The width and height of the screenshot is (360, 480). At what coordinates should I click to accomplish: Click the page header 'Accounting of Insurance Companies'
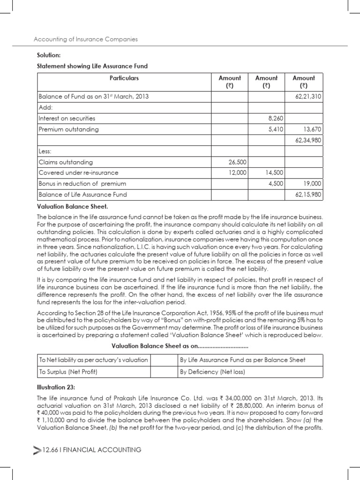pos(86,39)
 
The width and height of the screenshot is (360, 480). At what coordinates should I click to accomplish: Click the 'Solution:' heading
pos(49,56)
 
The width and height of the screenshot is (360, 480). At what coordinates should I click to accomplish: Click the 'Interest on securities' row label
pos(67,118)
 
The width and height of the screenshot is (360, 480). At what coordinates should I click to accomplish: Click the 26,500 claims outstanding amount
pos(236,162)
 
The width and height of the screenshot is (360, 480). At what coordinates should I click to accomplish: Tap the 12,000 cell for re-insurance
pos(236,173)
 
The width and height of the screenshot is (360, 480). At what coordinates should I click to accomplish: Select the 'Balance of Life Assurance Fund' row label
pos(82,195)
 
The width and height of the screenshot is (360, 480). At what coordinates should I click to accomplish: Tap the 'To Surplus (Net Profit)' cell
pos(68,373)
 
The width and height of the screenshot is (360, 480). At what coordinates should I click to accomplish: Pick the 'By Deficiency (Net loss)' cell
pos(212,373)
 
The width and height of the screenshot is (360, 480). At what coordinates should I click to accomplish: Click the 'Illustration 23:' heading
pos(56,387)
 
